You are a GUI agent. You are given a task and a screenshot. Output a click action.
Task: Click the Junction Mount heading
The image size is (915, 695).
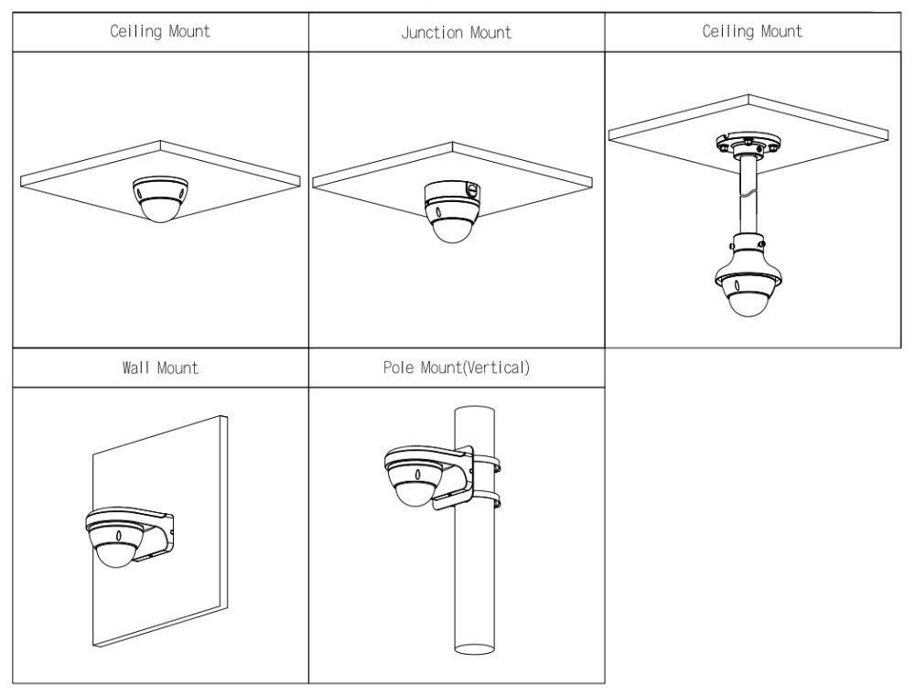click(456, 33)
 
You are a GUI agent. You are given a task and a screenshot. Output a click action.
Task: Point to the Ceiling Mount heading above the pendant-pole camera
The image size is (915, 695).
click(751, 31)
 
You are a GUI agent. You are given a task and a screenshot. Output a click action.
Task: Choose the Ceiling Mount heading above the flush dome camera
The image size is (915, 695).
click(160, 31)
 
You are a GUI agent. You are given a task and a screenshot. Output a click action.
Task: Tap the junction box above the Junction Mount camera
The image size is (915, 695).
click(452, 192)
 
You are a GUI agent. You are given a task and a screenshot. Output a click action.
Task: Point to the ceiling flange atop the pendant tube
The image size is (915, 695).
click(748, 144)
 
